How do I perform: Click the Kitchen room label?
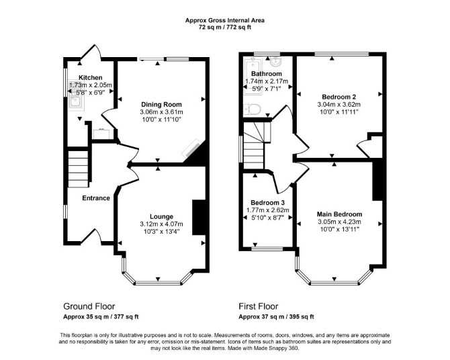[x=91, y=77]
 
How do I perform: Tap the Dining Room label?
[x=161, y=105]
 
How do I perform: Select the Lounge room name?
[x=162, y=217]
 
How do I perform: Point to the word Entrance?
[x=96, y=198]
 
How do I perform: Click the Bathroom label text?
[x=267, y=74]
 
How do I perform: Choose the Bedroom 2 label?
[x=339, y=97]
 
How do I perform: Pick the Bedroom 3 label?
[x=267, y=203]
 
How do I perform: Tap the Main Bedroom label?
[x=339, y=214]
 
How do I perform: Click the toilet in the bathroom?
[x=253, y=109]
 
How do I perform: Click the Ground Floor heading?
[x=89, y=306]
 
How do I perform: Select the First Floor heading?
[x=259, y=306]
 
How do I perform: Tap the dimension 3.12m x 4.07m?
[x=162, y=224]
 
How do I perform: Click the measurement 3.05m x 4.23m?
[x=339, y=222]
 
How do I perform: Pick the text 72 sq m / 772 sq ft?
[x=225, y=28]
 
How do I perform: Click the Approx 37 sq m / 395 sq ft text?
[x=276, y=317]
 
